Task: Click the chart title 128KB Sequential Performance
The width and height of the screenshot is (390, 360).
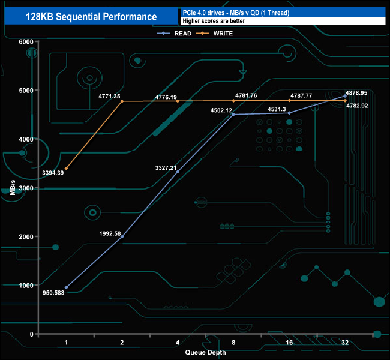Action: (x=91, y=17)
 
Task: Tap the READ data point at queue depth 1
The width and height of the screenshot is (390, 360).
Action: (x=66, y=287)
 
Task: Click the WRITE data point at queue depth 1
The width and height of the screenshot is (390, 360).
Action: (x=66, y=169)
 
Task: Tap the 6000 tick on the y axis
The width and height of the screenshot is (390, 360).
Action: (x=25, y=41)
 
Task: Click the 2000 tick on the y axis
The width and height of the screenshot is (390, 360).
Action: (x=25, y=236)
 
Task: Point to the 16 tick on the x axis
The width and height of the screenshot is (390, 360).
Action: (x=289, y=343)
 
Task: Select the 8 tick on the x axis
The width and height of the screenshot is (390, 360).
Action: (x=233, y=343)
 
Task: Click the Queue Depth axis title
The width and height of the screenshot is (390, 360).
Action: (x=206, y=352)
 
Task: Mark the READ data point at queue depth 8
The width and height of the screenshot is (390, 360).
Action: (x=233, y=114)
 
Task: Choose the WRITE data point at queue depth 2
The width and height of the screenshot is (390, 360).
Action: (x=122, y=101)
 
